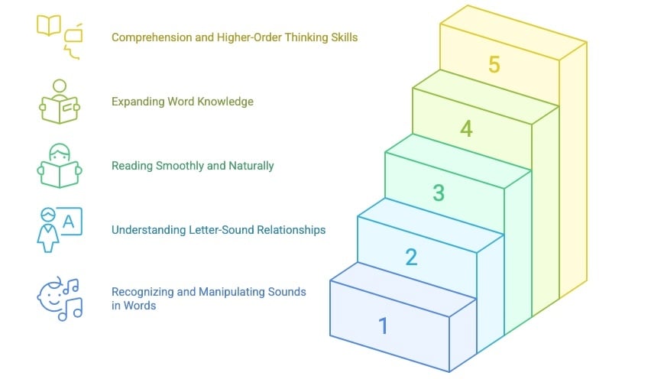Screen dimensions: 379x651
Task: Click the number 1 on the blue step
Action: [x=384, y=326]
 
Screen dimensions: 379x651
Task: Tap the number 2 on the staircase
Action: [x=411, y=258]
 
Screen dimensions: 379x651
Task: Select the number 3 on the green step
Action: [x=439, y=193]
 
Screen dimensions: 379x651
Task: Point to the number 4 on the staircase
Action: [x=466, y=129]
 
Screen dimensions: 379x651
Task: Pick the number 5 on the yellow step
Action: [x=494, y=65]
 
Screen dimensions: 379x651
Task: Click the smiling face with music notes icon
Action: [x=59, y=298]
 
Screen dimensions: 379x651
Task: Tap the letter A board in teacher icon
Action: [x=70, y=221]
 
